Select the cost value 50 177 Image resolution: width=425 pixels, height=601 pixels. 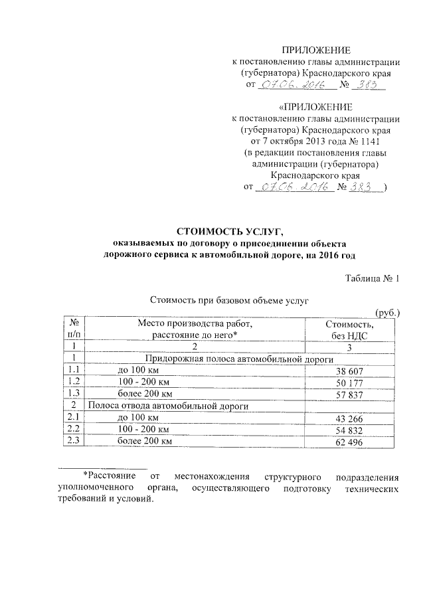[349, 383]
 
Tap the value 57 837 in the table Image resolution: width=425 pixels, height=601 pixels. [349, 394]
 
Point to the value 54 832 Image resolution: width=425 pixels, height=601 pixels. [349, 430]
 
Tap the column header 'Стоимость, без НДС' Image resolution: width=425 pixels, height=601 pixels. [349, 330]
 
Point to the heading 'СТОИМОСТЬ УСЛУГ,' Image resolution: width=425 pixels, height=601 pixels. [229, 231]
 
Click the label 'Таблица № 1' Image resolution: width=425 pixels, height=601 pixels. [373, 279]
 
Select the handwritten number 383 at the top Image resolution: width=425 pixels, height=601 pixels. [367, 85]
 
